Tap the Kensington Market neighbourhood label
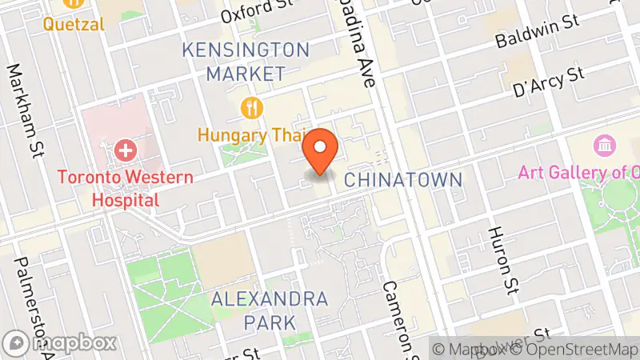245,62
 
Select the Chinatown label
403,179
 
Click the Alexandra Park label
270,310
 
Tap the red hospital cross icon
125,150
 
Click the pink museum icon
604,146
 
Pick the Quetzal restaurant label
74,24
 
